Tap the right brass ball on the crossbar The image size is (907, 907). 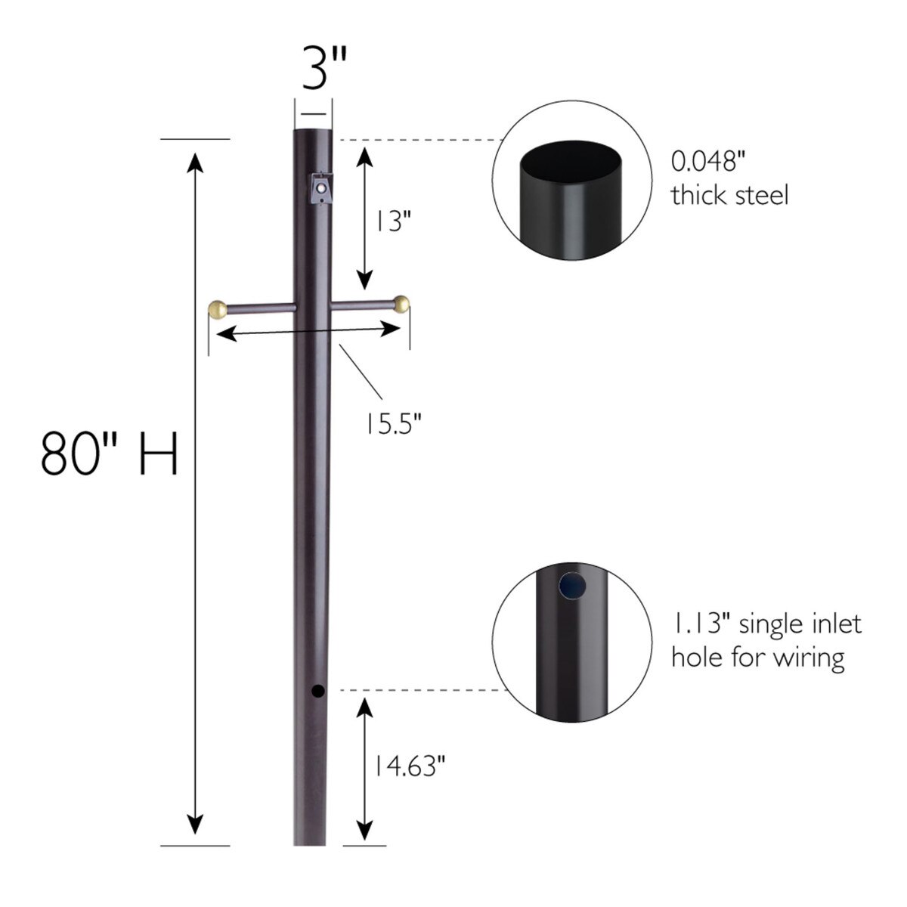402,305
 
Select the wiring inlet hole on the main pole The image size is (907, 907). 317,690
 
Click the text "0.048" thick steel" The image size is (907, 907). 729,179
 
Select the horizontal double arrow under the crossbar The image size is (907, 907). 309,330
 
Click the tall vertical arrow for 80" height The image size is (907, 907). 196,491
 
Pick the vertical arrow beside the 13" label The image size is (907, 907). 365,219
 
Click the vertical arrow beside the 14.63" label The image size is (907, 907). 365,767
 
